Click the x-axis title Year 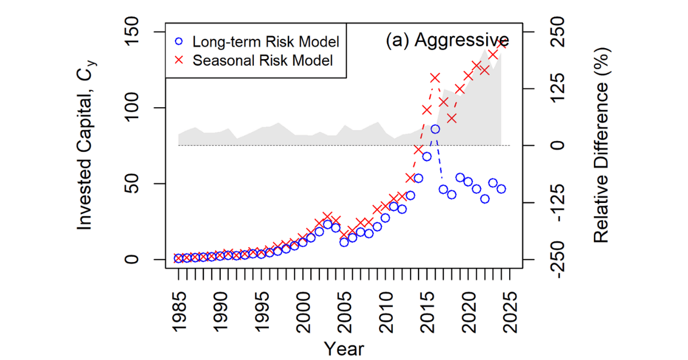[x=344, y=348]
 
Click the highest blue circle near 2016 [x=435, y=129]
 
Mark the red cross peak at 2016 [x=435, y=77]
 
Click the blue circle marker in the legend [x=179, y=42]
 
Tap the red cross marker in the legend [x=179, y=60]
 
